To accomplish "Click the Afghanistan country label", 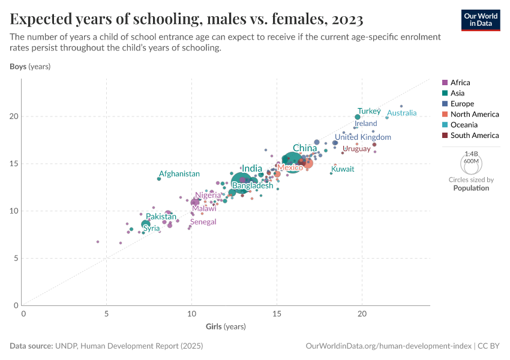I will (x=179, y=173).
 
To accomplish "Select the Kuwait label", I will (x=343, y=169).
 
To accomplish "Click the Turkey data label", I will (x=369, y=111).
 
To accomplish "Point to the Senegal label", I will (x=203, y=221).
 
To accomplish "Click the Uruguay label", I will (x=356, y=149).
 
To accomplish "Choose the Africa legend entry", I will (x=460, y=82).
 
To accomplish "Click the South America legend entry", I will (x=474, y=135).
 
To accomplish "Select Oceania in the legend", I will (x=464, y=125).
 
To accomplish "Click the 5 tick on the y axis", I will (x=16, y=258).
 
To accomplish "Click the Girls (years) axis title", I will (x=226, y=326).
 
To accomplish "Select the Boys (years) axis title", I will (x=29, y=67).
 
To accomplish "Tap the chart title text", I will (x=187, y=20).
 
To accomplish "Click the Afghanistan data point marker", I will (x=159, y=178).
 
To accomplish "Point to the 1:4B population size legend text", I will (x=471, y=154).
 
